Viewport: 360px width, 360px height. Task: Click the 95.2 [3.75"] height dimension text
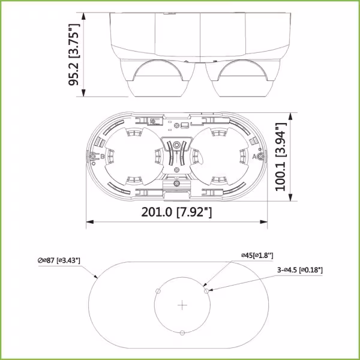tap(74, 55)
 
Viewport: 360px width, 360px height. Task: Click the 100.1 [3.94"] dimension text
tap(281, 157)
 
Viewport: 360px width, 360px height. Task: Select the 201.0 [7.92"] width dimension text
tap(176, 212)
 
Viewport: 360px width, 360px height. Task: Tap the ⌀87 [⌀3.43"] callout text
tap(59, 260)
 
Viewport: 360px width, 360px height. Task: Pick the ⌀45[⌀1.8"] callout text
tap(257, 256)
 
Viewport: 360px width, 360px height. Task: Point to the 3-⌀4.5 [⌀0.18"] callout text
tap(300, 270)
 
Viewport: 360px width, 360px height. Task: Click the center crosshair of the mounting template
tap(182, 305)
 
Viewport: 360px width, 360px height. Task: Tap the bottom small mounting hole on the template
tap(182, 332)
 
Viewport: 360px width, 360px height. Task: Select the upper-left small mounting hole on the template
tap(158, 291)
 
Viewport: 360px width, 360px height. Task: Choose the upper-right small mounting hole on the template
tap(206, 291)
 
